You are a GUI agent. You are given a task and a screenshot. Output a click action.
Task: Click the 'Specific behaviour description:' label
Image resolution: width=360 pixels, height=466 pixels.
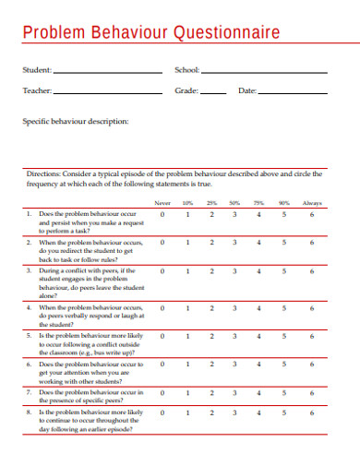76,121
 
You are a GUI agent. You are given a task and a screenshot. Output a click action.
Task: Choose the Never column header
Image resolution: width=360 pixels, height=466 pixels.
162,202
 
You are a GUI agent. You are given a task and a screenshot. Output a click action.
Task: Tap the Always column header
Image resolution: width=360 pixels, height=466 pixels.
312,202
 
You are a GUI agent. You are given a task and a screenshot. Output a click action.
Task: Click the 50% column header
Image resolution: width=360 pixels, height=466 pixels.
234,202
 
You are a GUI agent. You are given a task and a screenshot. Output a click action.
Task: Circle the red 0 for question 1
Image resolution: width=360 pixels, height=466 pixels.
162,214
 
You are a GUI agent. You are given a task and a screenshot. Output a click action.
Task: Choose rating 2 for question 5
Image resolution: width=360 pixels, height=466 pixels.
210,336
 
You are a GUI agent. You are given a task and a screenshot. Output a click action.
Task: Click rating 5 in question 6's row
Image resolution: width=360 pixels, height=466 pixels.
283,364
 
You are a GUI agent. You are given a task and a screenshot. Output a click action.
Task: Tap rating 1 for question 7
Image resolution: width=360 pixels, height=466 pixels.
186,393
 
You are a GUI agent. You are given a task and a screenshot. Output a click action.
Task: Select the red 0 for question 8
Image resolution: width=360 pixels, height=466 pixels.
162,412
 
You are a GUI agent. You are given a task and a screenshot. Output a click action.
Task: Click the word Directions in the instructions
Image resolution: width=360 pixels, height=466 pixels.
42,173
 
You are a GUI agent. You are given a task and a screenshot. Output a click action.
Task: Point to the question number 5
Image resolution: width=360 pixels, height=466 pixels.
29,337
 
